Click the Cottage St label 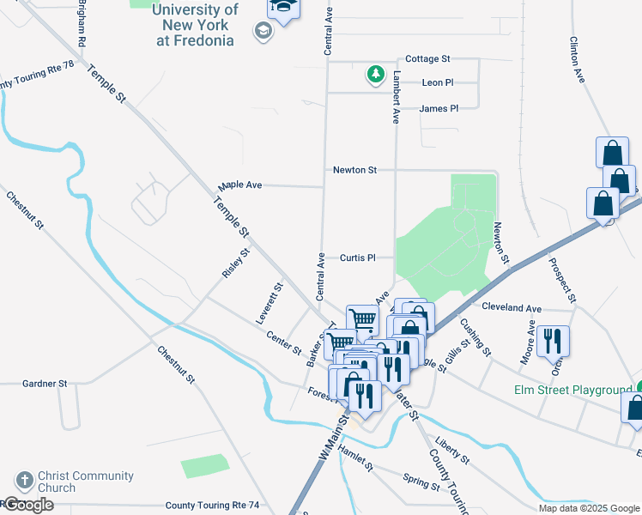coord(427,58)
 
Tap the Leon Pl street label coord(438,82)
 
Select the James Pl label coord(439,108)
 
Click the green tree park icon coord(375,76)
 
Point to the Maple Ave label coord(239,185)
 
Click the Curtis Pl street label coord(358,257)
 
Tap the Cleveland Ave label coord(512,307)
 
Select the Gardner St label coord(45,383)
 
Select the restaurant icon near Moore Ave coord(554,341)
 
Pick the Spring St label coord(421,479)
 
